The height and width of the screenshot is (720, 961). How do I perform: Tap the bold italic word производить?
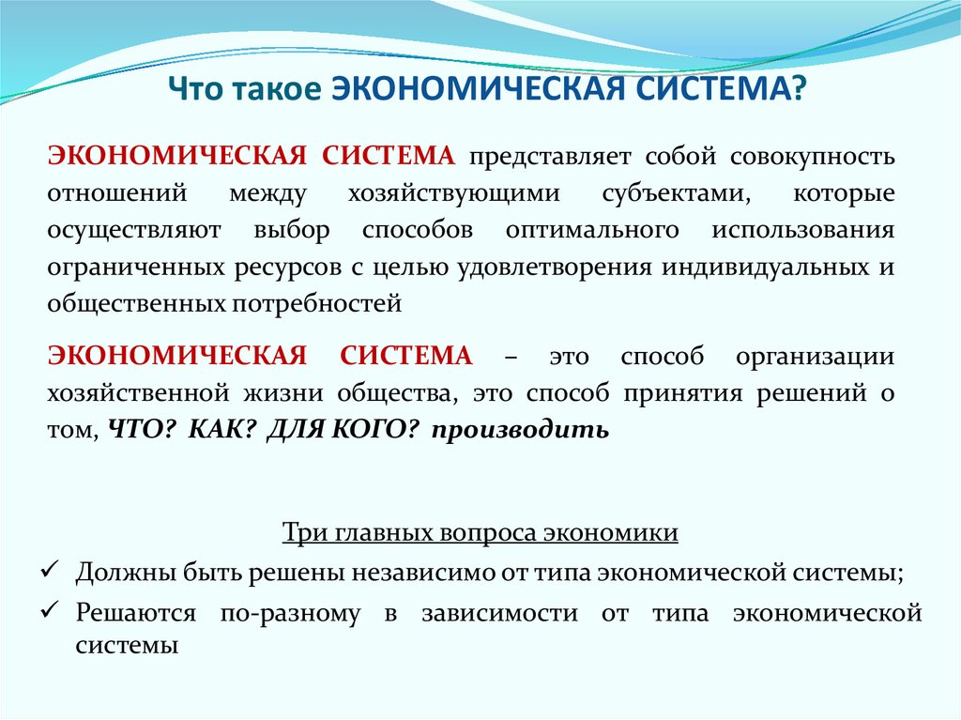click(x=522, y=430)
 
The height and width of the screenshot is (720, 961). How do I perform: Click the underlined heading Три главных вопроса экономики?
click(x=480, y=533)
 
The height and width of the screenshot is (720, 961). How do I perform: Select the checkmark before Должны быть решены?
click(x=53, y=571)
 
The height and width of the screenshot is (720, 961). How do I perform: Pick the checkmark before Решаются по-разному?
click(x=53, y=613)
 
